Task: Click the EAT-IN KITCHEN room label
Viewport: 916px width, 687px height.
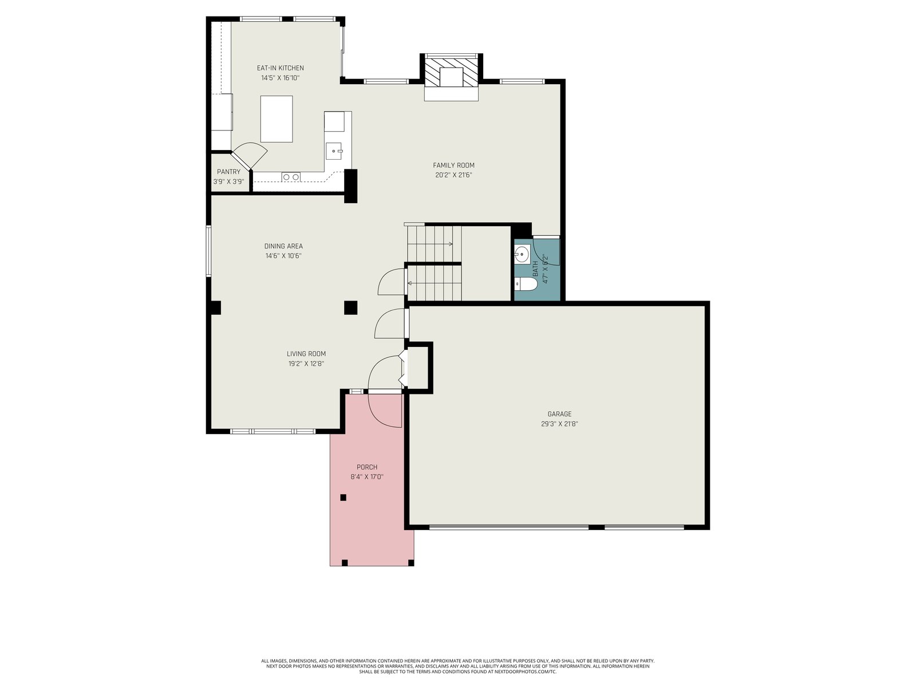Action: click(280, 68)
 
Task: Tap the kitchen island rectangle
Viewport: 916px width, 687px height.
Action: click(277, 119)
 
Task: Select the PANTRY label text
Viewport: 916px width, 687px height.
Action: click(228, 172)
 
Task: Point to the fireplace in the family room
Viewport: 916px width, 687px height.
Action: click(451, 77)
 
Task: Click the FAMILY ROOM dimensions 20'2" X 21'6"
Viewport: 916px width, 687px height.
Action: click(453, 175)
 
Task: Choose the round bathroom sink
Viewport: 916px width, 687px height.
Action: click(522, 254)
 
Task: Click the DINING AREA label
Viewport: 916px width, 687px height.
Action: click(283, 246)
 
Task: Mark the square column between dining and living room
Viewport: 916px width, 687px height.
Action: click(350, 307)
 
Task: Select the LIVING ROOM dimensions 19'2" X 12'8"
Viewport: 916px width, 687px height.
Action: click(306, 364)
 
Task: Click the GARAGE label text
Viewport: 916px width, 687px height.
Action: click(559, 414)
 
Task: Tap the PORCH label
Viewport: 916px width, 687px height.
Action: click(367, 467)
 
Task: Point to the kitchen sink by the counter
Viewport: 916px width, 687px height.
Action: click(334, 151)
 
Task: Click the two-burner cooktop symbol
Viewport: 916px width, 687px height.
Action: click(291, 177)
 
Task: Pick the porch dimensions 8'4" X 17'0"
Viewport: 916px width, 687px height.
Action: click(367, 477)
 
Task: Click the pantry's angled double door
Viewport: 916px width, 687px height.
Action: click(248, 156)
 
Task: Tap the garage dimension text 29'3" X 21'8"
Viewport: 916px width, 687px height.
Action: click(559, 424)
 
